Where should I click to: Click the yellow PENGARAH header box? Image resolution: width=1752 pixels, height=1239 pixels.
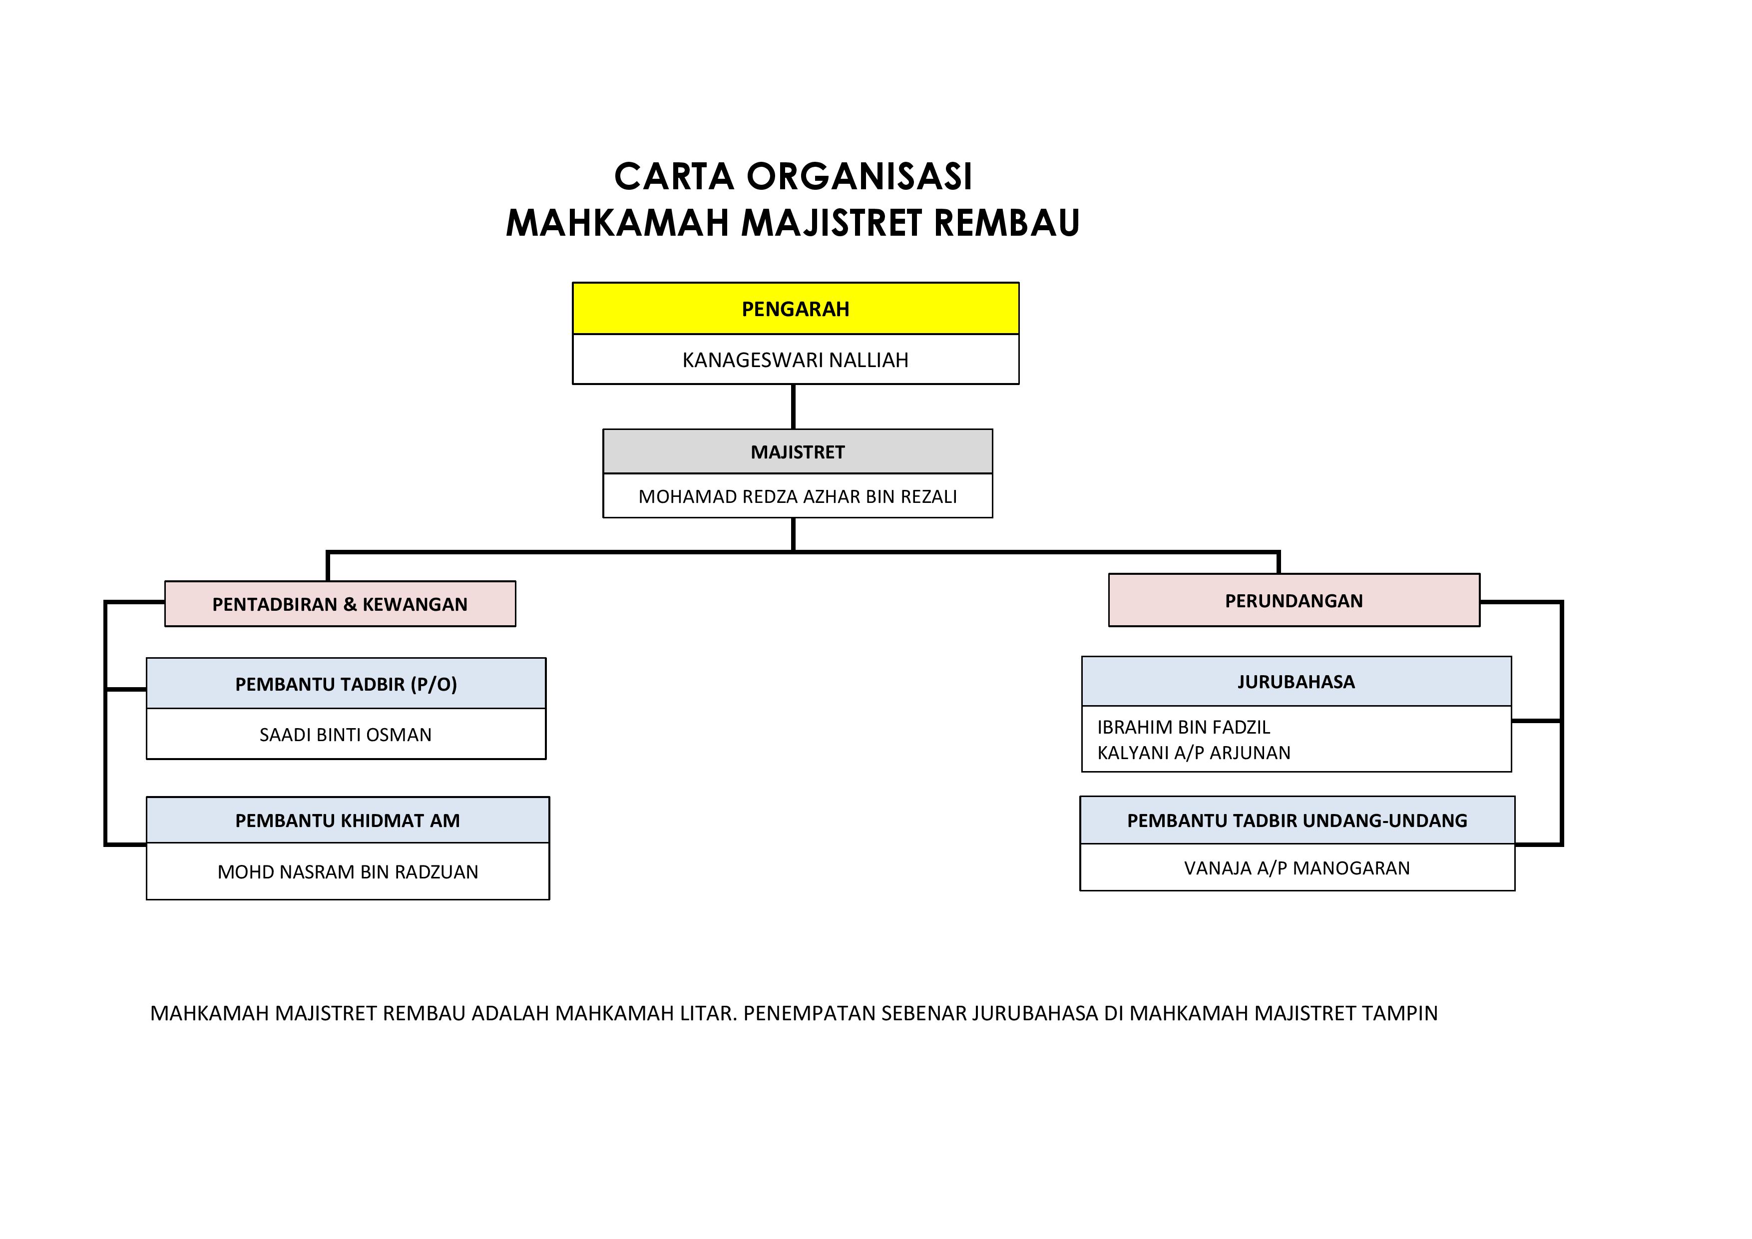795,309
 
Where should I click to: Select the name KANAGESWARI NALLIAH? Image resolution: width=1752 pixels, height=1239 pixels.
795,360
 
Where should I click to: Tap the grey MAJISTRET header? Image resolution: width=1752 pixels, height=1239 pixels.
798,451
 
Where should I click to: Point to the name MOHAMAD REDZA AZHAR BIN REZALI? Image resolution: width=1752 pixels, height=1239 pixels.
798,497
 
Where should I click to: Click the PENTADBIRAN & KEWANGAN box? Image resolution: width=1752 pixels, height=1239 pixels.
340,604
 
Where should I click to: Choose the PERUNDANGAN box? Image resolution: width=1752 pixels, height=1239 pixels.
1294,600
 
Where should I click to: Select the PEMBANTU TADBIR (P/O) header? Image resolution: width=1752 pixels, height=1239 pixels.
346,684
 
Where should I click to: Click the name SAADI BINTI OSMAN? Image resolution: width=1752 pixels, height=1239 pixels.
346,735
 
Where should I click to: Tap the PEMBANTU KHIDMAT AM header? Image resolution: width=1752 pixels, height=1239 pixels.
347,821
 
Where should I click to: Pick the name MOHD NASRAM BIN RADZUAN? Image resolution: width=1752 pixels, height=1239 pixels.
347,872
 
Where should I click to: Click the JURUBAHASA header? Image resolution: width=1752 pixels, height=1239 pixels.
1296,682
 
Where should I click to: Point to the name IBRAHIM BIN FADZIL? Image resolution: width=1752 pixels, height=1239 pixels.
1184,727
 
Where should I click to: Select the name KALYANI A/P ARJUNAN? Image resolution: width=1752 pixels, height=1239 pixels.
1194,753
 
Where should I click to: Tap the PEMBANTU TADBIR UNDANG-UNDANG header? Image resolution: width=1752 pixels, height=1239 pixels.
1297,821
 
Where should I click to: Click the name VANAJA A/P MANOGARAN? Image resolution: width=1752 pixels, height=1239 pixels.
1297,868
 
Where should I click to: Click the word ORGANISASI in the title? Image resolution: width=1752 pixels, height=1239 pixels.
859,177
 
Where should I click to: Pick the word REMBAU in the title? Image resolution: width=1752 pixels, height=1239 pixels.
1006,224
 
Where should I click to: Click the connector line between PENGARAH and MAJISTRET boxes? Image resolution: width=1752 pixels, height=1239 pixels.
794,407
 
